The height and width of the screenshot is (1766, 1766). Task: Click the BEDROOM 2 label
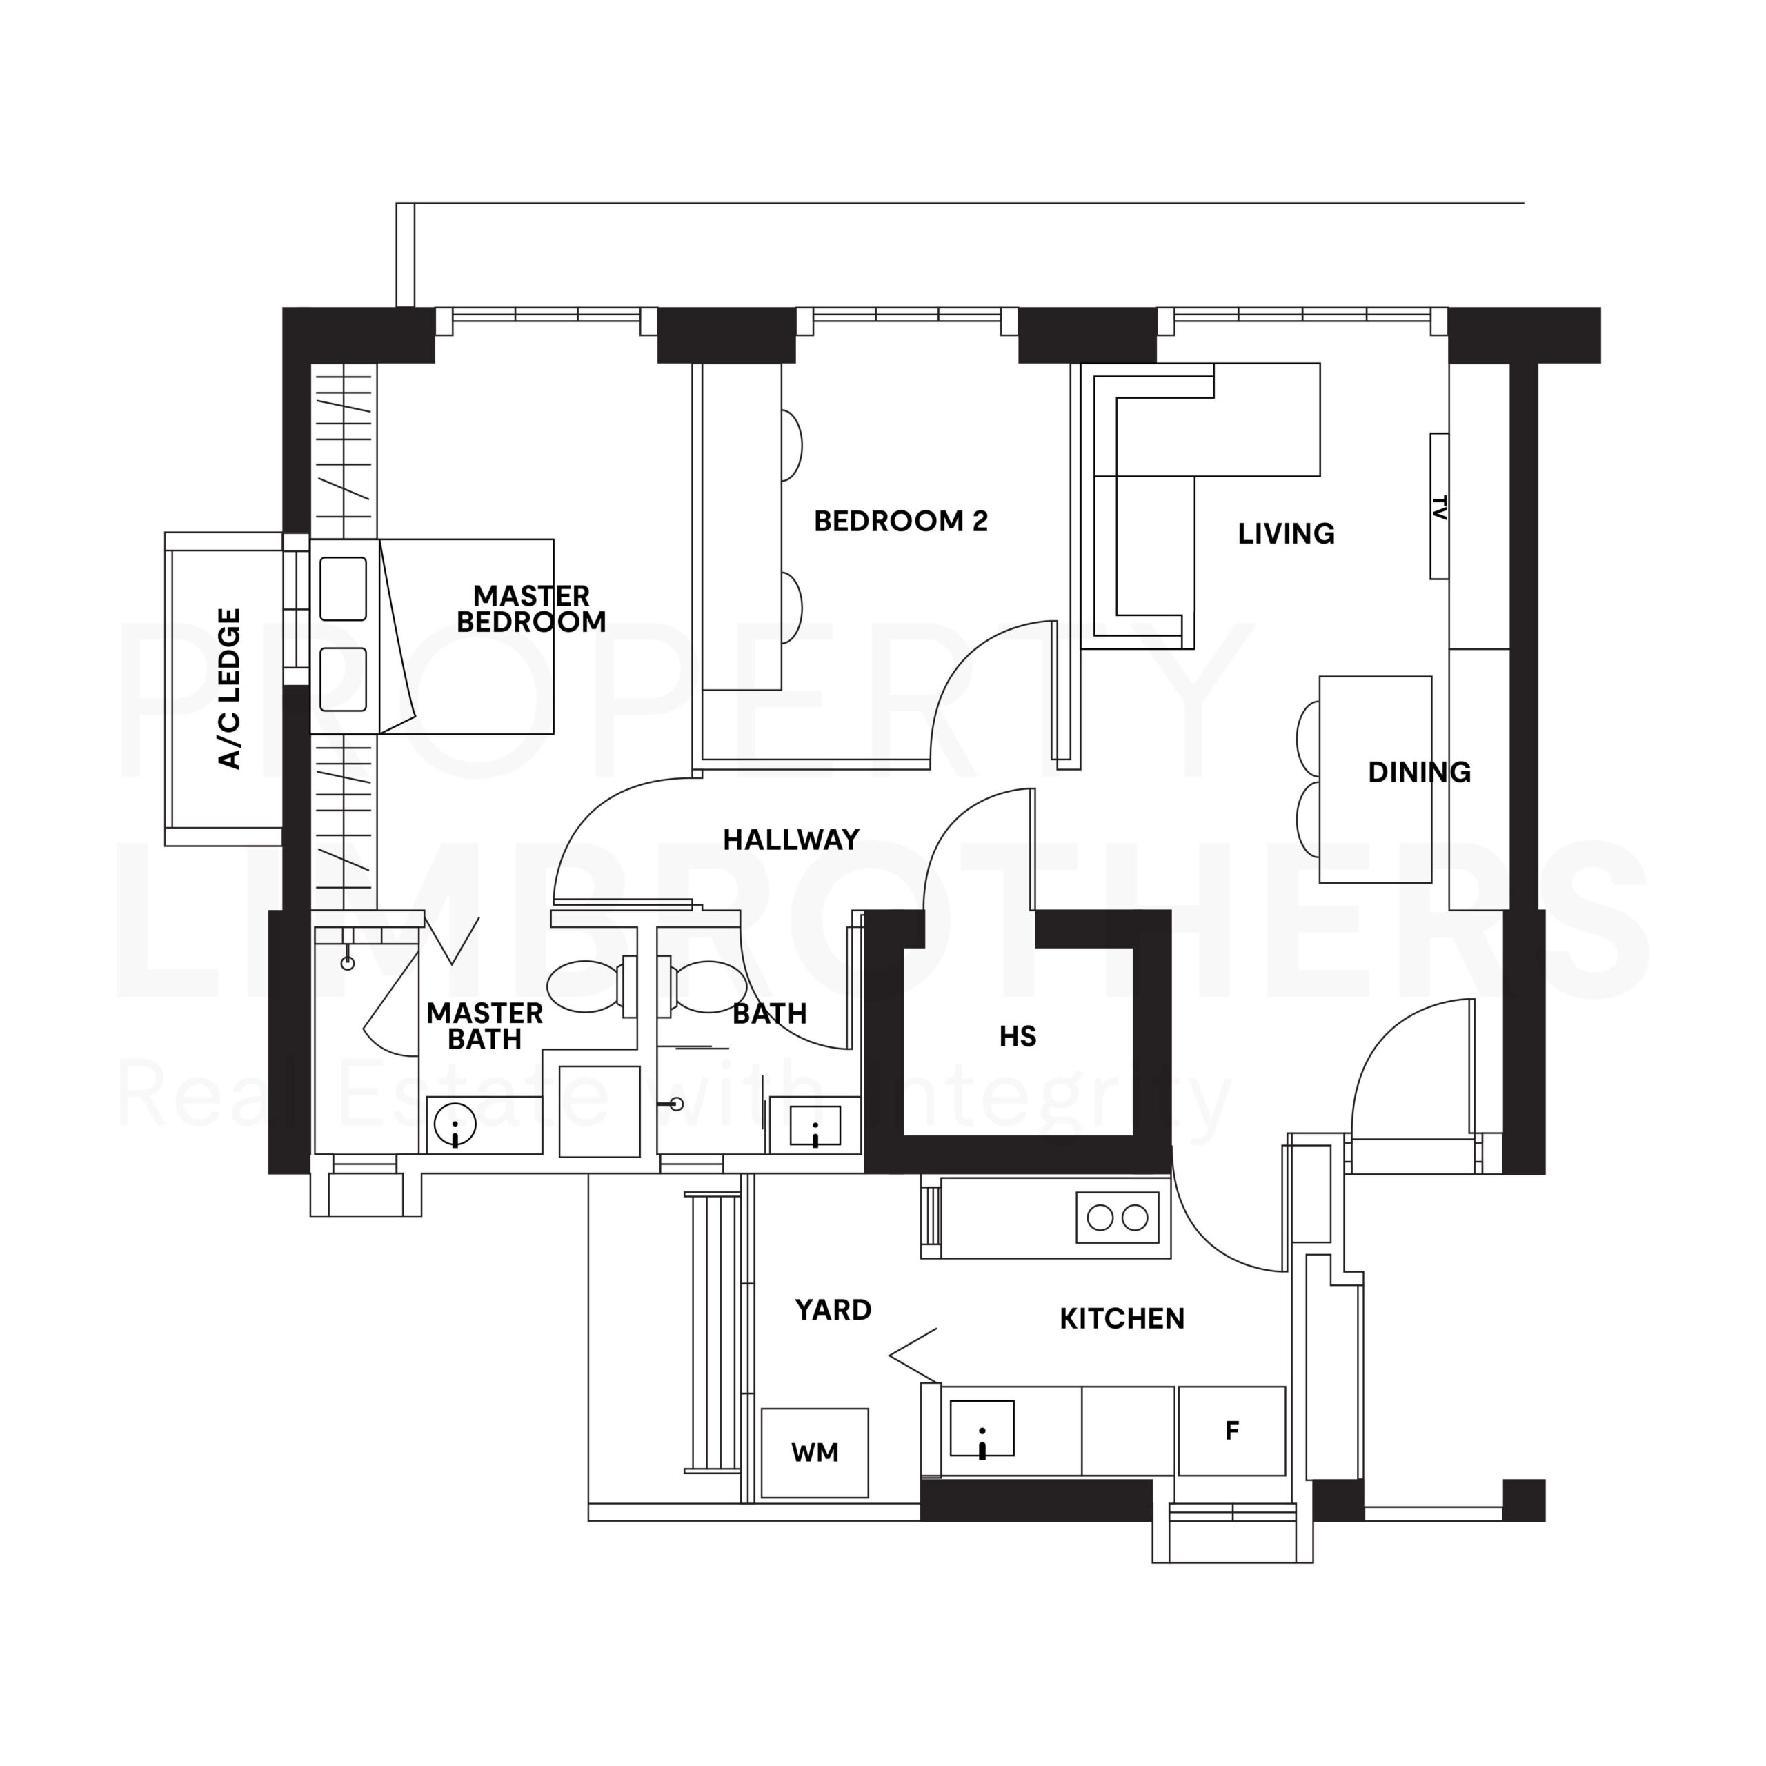tap(900, 521)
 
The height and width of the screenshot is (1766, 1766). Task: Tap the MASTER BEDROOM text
tap(531, 608)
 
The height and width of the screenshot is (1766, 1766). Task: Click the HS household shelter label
tap(1018, 1037)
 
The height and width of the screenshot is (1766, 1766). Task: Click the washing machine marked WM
tap(815, 1453)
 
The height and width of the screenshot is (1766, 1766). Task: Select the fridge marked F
tap(1231, 1431)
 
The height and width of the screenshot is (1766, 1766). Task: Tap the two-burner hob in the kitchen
tap(1117, 1218)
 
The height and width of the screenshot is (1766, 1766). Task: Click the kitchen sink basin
tap(982, 1428)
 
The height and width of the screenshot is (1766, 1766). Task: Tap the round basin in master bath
tap(455, 1124)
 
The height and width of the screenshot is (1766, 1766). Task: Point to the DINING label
tap(1418, 773)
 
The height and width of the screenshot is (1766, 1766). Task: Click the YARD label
tap(833, 1310)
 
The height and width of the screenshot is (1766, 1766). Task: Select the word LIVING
tap(1285, 534)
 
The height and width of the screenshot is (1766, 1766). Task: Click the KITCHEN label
tap(1122, 1319)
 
